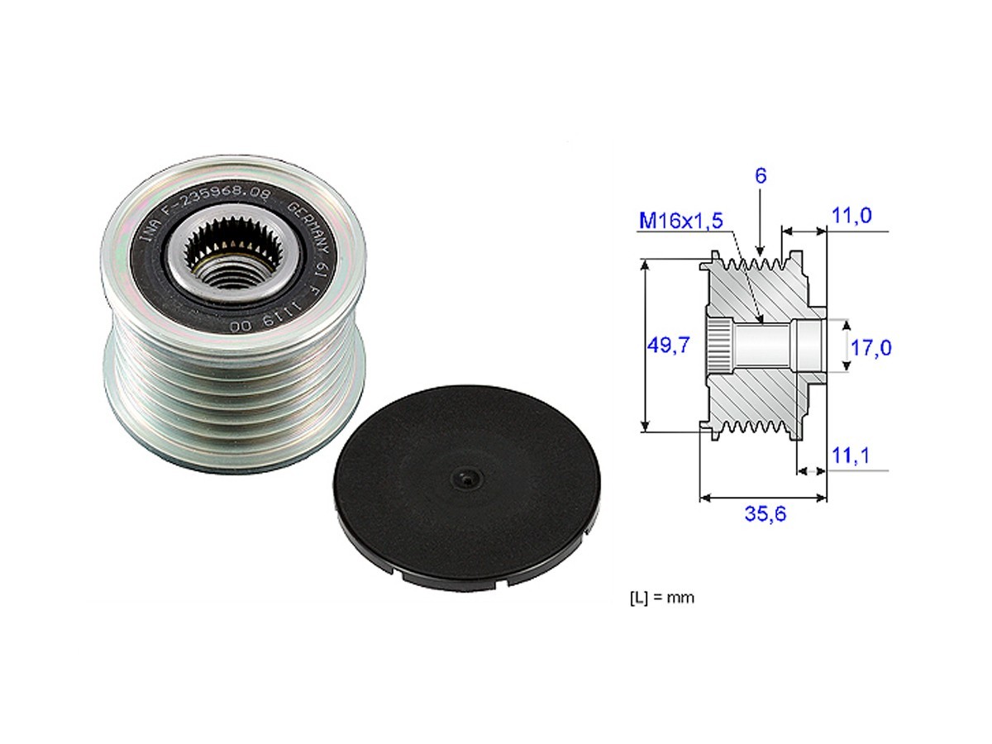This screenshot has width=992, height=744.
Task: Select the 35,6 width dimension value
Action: click(765, 514)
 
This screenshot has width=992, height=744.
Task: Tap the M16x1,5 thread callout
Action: click(681, 220)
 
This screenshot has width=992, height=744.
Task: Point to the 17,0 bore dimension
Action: click(870, 348)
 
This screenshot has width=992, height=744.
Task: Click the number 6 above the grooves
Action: click(761, 175)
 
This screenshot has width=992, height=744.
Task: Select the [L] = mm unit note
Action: click(661, 598)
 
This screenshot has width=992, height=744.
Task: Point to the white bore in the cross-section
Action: click(761, 347)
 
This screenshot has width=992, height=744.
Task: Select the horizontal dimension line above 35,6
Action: click(763, 498)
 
